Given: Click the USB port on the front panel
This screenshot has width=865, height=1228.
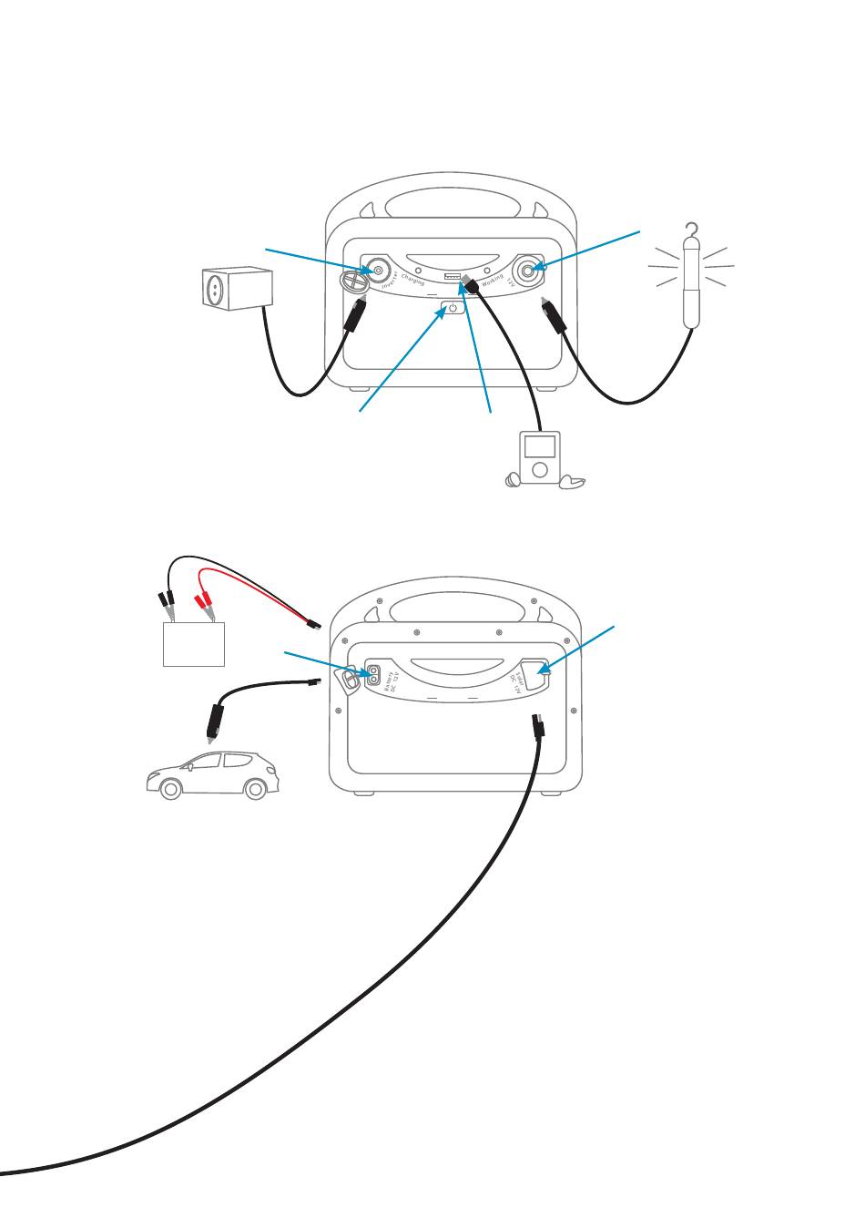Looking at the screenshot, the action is pyautogui.click(x=453, y=276).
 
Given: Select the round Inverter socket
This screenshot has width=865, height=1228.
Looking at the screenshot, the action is pyautogui.click(x=375, y=271).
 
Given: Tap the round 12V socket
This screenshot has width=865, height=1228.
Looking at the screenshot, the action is pyautogui.click(x=527, y=271).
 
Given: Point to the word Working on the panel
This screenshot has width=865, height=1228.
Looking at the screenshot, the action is pyautogui.click(x=493, y=281).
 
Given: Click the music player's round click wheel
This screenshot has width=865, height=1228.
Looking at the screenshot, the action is pyautogui.click(x=540, y=469).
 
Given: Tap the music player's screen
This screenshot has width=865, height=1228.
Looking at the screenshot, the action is pyautogui.click(x=540, y=446).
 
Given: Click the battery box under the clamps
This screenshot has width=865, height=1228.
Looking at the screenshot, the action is pyautogui.click(x=193, y=644).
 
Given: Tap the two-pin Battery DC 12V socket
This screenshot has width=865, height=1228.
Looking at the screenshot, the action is pyautogui.click(x=372, y=675).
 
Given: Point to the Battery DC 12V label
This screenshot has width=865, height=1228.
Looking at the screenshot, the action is pyautogui.click(x=393, y=682).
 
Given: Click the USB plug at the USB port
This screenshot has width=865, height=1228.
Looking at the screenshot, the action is pyautogui.click(x=469, y=284).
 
